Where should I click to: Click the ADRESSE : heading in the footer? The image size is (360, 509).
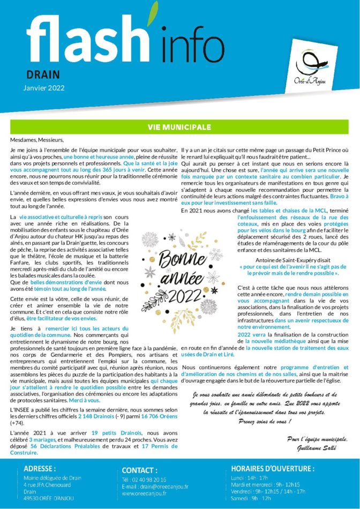coord(40,468)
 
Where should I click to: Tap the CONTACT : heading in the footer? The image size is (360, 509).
coord(139,470)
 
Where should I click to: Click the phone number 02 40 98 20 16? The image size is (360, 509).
coord(148,480)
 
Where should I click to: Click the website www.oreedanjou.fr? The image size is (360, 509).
coord(144,493)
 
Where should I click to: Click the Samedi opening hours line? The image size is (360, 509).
coord(251,498)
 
